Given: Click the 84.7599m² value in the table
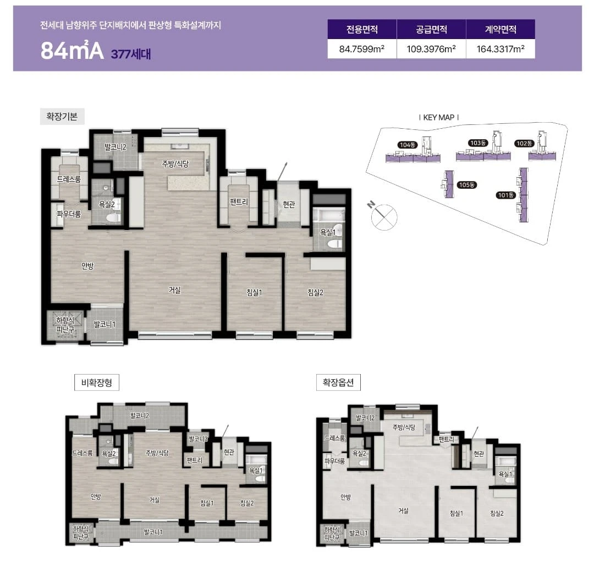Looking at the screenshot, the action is pos(362,49).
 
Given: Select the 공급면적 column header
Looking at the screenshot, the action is pos(431,30).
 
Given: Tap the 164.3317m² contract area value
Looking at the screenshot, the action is pos(501,49).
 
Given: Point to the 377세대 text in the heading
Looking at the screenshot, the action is pos(131,54).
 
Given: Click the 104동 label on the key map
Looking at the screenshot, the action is pos(407,145).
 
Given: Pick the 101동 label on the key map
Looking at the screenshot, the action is pos(506,195).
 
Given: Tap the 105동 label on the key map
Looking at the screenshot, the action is pos(467,185).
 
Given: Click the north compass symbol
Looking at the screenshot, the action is pos(383,216).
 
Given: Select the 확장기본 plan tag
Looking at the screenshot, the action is pos(62,116).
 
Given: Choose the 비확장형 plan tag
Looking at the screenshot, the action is pos(97,382).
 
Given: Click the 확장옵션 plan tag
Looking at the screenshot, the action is pos(338,382).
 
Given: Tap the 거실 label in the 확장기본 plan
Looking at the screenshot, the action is pos(175,290).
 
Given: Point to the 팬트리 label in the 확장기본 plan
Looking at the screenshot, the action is pos(239,202).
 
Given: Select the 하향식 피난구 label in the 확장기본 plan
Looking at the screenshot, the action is pos(65,325).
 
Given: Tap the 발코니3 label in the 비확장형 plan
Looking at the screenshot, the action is pos(198,439).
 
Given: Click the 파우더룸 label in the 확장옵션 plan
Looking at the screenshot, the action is pos(335,461).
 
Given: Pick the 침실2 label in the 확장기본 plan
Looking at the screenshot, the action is pos(315,292).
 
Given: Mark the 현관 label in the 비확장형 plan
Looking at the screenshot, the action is pos(229,452).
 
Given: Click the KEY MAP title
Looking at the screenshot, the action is pos(439,118).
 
